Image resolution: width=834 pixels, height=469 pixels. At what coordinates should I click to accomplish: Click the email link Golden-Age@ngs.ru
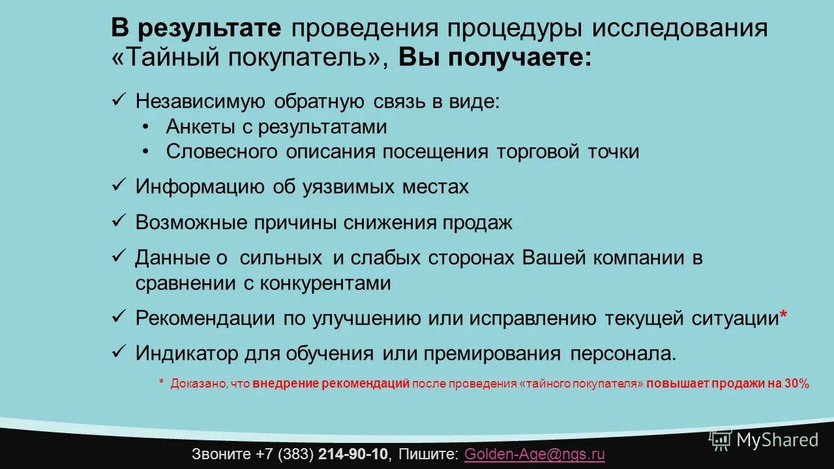534,454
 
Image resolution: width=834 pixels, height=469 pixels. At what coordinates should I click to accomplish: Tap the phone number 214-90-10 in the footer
353,454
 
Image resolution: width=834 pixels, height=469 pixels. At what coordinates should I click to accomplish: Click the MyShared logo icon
721,440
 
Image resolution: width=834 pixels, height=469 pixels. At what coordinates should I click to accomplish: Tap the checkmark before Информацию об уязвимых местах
119,186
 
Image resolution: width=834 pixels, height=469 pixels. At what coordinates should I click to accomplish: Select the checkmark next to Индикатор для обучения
119,352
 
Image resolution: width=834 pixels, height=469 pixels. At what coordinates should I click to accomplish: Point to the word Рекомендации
205,319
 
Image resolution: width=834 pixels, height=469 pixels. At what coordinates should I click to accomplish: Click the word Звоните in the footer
222,454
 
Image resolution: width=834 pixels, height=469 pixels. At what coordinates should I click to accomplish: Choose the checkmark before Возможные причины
119,221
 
